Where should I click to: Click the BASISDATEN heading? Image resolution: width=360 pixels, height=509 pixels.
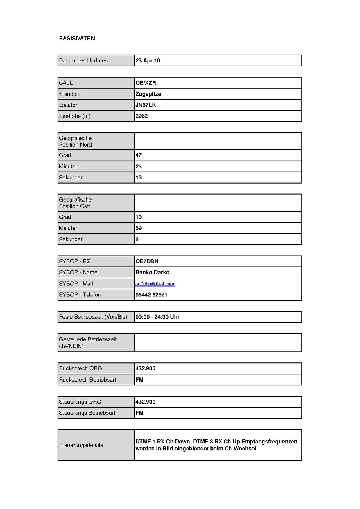(x=77, y=38)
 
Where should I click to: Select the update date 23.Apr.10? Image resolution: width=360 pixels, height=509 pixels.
(x=148, y=60)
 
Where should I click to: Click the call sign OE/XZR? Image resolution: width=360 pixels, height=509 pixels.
(x=146, y=83)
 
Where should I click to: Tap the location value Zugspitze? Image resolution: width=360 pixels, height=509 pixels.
(x=148, y=94)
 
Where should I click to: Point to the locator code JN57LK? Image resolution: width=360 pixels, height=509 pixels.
(x=146, y=105)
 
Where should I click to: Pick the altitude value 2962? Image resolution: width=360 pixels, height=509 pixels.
(x=142, y=116)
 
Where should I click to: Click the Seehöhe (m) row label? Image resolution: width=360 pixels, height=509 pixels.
(x=75, y=116)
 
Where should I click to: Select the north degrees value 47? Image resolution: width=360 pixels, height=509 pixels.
(x=138, y=155)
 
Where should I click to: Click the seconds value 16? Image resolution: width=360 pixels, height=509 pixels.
(x=138, y=177)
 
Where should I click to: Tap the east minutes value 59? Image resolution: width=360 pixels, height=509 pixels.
(x=138, y=228)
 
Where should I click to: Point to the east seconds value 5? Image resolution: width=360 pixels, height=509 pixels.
(x=137, y=239)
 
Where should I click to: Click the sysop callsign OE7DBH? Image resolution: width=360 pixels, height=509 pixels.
(x=147, y=261)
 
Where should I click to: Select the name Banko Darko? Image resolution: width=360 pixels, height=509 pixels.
(x=152, y=272)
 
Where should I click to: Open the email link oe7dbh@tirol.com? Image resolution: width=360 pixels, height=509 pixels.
(x=155, y=284)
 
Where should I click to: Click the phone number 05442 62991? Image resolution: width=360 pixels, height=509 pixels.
(x=151, y=295)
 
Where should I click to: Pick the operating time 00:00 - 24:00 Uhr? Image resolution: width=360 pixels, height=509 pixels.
(x=157, y=317)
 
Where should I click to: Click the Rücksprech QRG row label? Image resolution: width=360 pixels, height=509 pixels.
(x=80, y=368)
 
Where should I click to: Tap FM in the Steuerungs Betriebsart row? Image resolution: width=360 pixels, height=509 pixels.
(x=139, y=413)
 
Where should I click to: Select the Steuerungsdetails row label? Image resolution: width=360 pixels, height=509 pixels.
(x=81, y=445)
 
